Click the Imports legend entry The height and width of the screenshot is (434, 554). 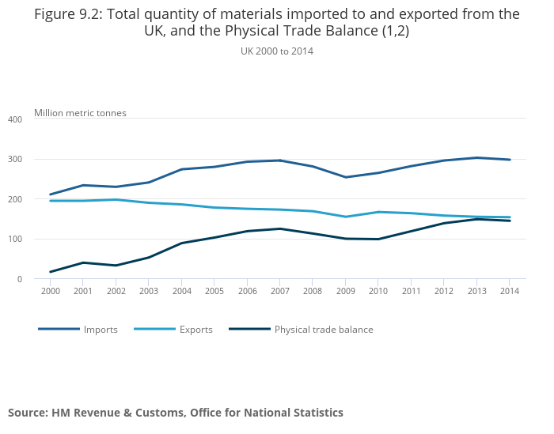(x=101, y=330)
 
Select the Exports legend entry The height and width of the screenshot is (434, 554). (x=195, y=330)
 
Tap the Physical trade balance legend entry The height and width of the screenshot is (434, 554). (x=323, y=330)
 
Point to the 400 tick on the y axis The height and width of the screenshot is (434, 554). (x=15, y=119)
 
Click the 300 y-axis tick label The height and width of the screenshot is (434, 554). (x=15, y=160)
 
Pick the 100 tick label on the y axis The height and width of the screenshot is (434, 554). (x=15, y=240)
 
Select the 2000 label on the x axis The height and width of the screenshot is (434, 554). (x=51, y=291)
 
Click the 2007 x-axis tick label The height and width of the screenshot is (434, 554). (x=280, y=291)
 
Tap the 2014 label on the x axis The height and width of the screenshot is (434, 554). (x=510, y=291)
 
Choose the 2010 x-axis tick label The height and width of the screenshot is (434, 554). (x=378, y=291)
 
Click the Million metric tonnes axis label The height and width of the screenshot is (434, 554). (x=80, y=113)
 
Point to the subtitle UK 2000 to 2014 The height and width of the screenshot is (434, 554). (x=277, y=51)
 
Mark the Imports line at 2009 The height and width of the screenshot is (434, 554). (x=346, y=177)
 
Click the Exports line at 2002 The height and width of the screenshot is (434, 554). (x=116, y=199)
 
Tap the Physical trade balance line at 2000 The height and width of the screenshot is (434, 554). (x=51, y=272)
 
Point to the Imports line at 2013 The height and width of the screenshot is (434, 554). (x=476, y=157)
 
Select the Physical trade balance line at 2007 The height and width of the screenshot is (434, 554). (x=280, y=228)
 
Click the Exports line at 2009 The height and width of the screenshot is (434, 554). (x=346, y=217)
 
